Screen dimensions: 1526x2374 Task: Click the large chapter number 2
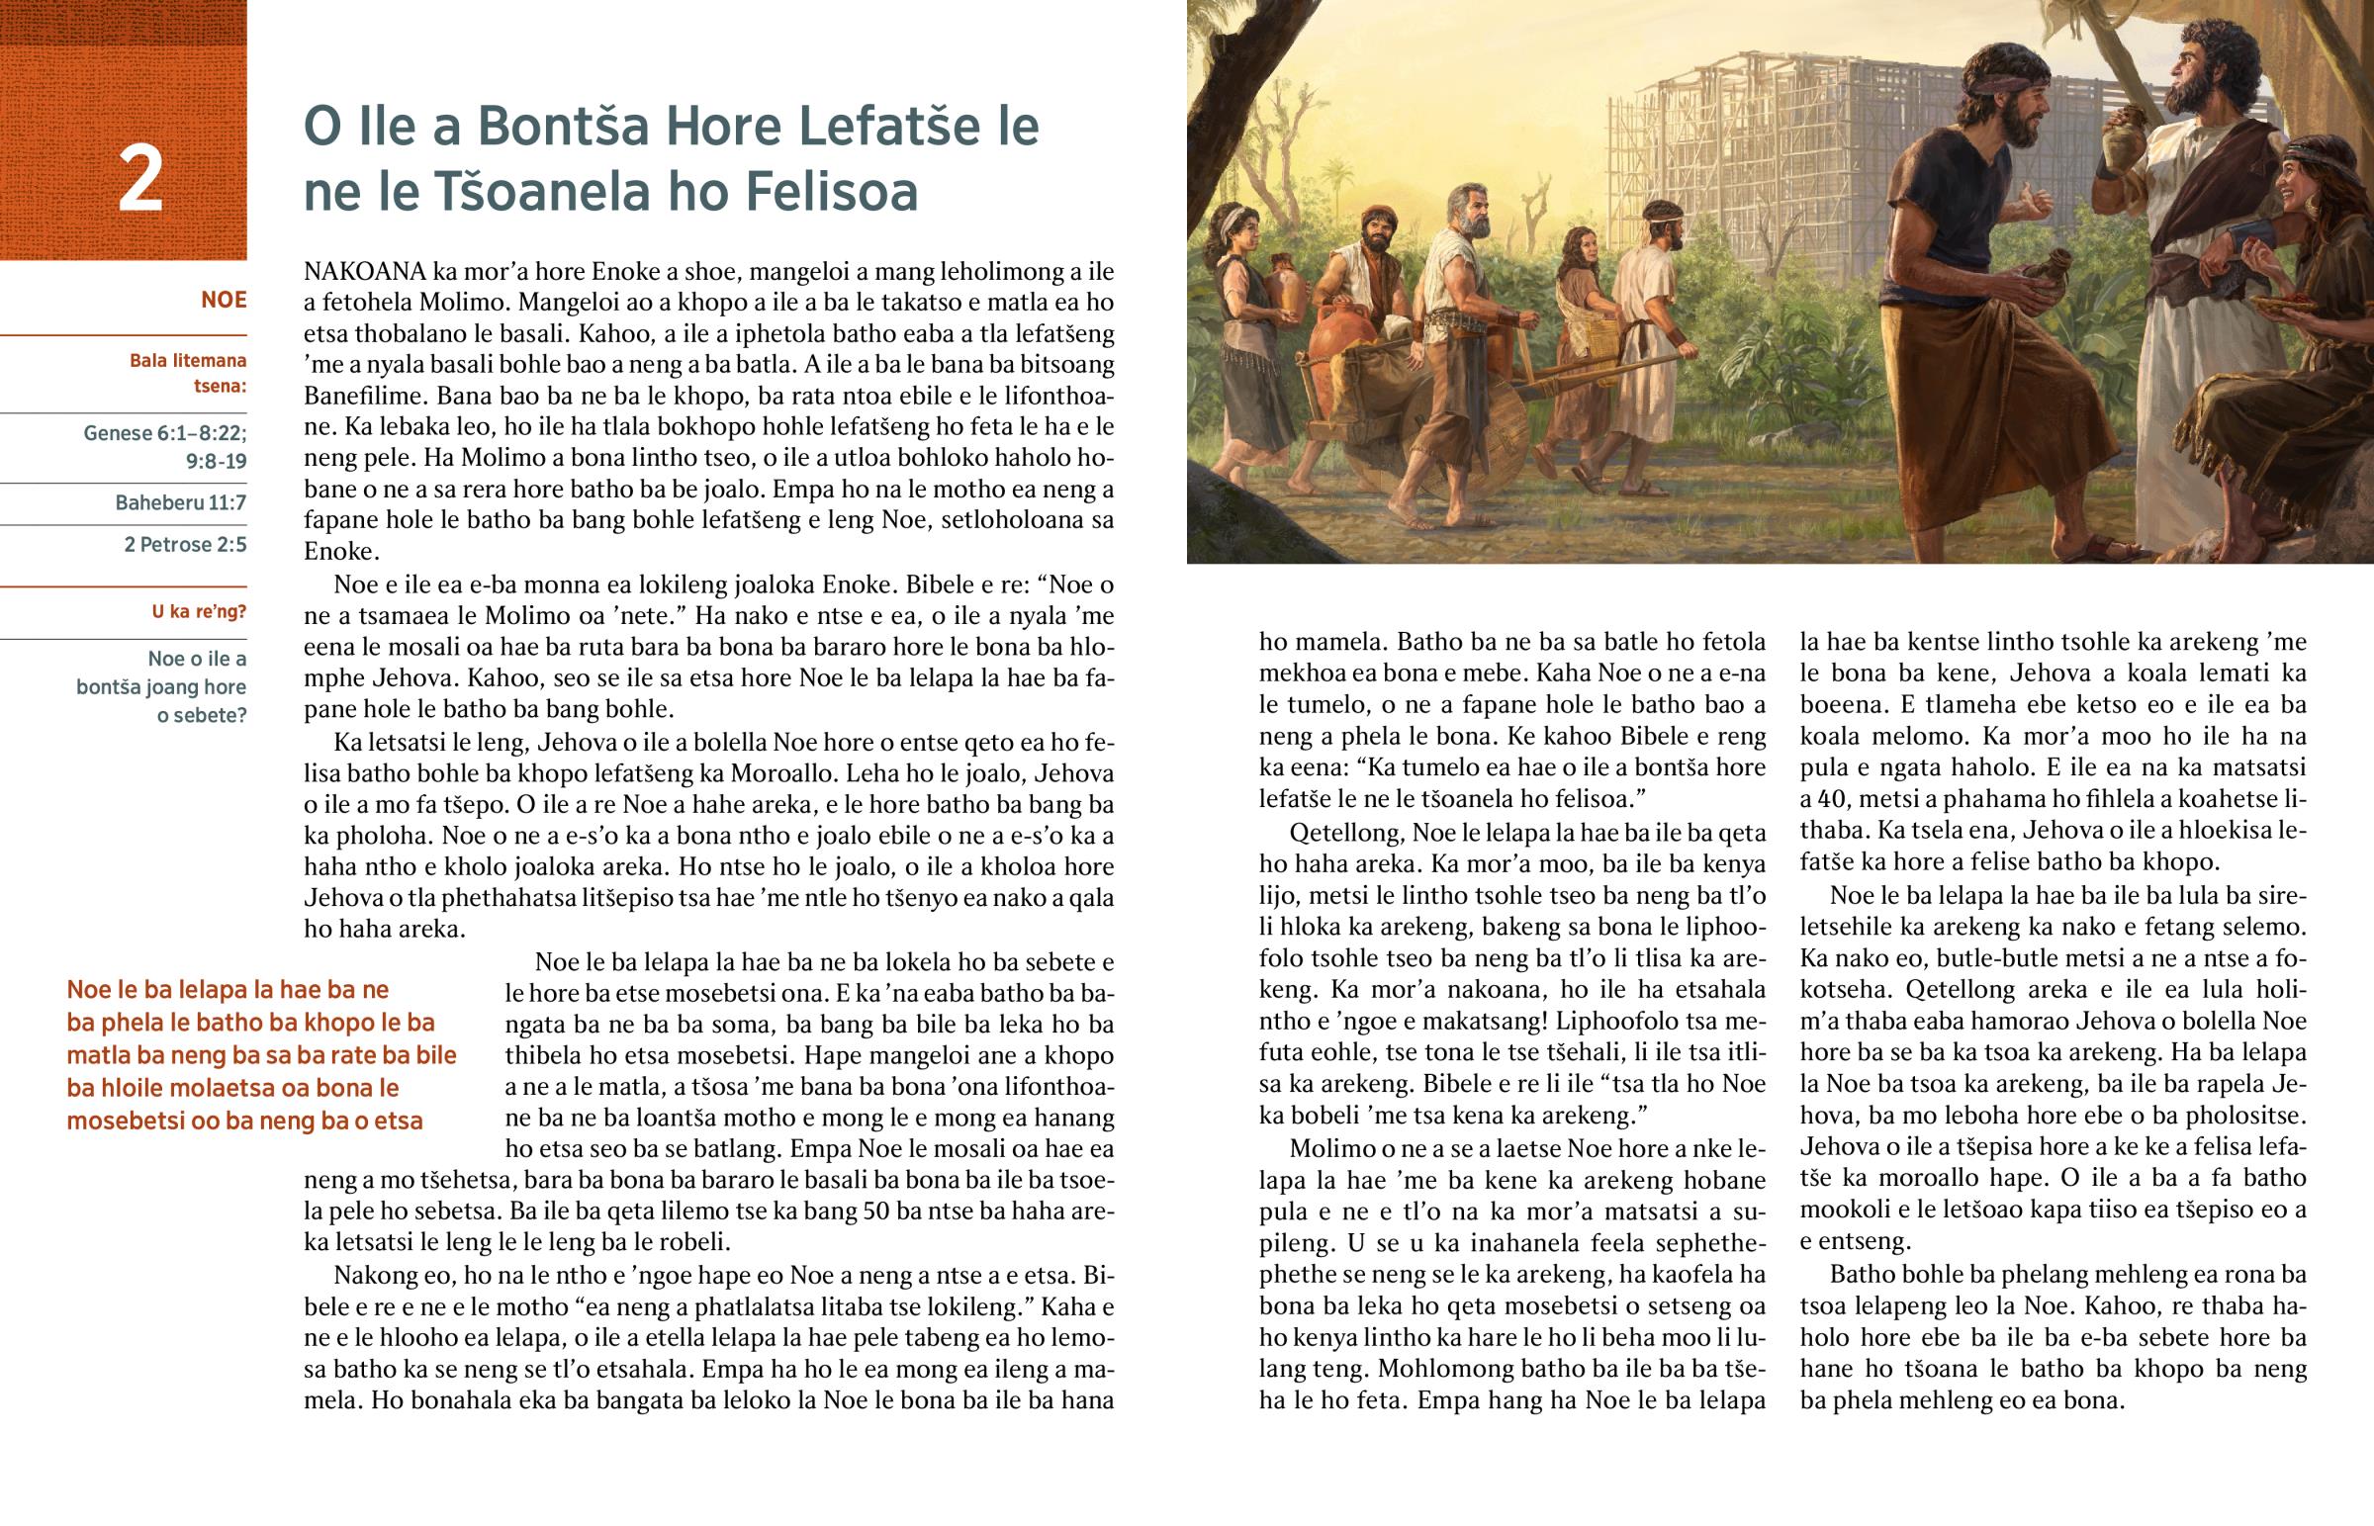point(139,179)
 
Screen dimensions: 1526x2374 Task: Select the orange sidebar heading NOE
point(223,300)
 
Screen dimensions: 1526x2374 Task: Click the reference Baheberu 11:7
point(180,502)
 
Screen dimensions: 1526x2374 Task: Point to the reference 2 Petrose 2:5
point(185,544)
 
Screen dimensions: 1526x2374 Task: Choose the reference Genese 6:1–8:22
point(164,433)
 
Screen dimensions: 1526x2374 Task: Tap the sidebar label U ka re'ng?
point(198,611)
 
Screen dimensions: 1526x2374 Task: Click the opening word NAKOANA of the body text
point(365,271)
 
